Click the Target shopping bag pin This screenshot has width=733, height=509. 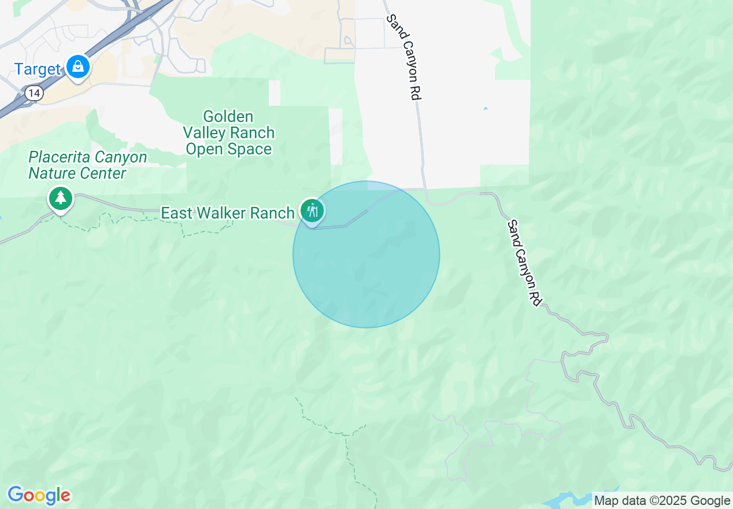pyautogui.click(x=77, y=67)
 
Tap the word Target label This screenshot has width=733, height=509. pyautogui.click(x=37, y=69)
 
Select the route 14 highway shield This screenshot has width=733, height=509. pyautogui.click(x=35, y=93)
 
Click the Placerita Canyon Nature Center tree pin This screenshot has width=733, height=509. pyautogui.click(x=60, y=198)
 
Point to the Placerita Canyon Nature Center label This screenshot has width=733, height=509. pyautogui.click(x=87, y=165)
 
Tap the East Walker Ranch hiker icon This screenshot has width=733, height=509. pyautogui.click(x=312, y=211)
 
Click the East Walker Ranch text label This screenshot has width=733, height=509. pyautogui.click(x=227, y=213)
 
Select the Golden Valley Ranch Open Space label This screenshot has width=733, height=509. pyautogui.click(x=228, y=133)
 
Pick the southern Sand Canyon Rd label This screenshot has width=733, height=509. pyautogui.click(x=524, y=263)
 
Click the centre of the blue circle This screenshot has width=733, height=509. pyautogui.click(x=366, y=254)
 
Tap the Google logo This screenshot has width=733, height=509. pyautogui.click(x=39, y=495)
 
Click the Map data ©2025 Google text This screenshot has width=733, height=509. pyautogui.click(x=662, y=501)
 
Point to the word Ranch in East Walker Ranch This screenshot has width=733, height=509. pyautogui.click(x=272, y=213)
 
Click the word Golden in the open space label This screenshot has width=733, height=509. pyautogui.click(x=228, y=117)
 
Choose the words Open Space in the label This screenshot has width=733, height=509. pyautogui.click(x=228, y=149)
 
